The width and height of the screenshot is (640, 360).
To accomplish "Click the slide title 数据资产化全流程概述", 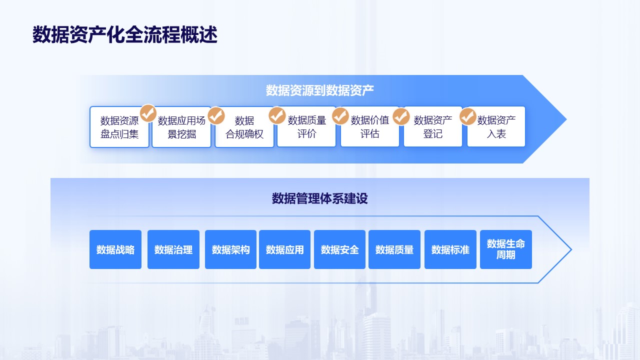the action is [x=125, y=34].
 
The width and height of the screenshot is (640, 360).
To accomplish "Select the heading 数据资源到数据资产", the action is [x=319, y=90].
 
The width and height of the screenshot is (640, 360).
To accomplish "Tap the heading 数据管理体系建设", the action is [x=319, y=198].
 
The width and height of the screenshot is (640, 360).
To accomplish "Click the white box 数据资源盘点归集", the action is [x=119, y=127].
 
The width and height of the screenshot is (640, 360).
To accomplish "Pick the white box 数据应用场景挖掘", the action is [x=181, y=127].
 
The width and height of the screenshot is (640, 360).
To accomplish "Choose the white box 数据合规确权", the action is [x=244, y=127].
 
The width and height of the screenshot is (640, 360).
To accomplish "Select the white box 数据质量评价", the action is [x=306, y=126].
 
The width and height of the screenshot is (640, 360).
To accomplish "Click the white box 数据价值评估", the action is [x=369, y=126].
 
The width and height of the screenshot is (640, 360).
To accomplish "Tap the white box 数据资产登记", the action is [x=433, y=126].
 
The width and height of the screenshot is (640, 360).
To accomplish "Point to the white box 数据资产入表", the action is [x=496, y=126].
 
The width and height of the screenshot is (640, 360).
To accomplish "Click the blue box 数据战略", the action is [x=115, y=249].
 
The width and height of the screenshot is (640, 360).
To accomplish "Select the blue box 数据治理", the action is [x=173, y=249].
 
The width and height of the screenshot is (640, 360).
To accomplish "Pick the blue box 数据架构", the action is [x=230, y=249].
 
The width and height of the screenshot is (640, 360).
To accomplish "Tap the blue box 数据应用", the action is [x=284, y=249].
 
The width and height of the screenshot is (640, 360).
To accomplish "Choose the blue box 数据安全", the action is [x=339, y=249].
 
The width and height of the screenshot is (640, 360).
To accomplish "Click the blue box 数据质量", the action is [x=394, y=249].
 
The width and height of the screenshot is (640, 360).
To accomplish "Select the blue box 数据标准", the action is [x=450, y=249].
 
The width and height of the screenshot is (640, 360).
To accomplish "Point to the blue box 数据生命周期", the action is [x=506, y=249].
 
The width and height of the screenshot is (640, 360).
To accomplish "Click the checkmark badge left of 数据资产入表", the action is [x=467, y=116].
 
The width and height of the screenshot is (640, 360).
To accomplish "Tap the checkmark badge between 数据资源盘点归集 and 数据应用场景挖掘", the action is [x=148, y=113].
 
